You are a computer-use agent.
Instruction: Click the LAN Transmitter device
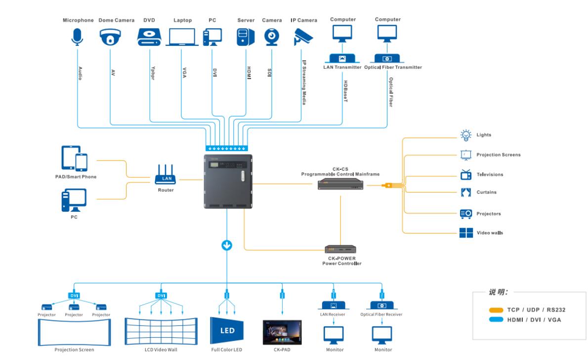coord(342,58)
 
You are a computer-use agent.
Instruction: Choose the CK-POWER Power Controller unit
coord(340,250)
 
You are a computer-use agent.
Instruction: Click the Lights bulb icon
coord(465,134)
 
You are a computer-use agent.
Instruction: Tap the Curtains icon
coord(465,192)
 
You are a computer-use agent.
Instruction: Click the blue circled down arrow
coord(227,245)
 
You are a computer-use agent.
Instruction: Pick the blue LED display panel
coord(227,329)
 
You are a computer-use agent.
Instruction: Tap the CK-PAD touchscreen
coord(282,332)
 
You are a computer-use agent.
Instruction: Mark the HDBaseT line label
coord(345,93)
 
